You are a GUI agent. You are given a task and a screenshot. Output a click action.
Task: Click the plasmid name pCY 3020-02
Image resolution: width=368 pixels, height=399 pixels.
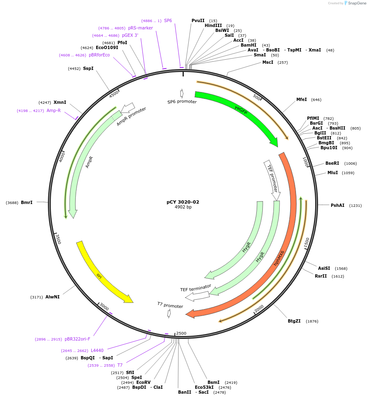(183, 202)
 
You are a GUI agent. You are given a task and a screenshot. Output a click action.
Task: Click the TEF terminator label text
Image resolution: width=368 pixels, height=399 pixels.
(196, 288)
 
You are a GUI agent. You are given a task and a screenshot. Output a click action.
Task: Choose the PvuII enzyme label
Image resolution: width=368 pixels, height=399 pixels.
(198, 20)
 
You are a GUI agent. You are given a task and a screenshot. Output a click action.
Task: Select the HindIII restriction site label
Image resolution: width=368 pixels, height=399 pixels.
(213, 25)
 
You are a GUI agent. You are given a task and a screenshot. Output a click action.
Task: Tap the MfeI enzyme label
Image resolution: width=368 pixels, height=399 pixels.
(301, 99)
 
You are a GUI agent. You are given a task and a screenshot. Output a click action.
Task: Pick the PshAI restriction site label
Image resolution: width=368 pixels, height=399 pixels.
(338, 205)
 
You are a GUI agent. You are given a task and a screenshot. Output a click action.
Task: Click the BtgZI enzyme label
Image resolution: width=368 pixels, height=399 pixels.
(294, 321)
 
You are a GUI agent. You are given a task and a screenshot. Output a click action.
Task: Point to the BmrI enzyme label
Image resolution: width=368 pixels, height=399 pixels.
(27, 202)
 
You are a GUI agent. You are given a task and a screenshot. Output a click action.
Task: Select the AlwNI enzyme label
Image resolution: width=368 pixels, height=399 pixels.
(52, 297)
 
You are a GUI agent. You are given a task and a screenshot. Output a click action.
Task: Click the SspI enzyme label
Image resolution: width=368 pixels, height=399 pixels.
(88, 68)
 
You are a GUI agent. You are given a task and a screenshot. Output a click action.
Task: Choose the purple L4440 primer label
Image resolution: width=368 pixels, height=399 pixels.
(97, 350)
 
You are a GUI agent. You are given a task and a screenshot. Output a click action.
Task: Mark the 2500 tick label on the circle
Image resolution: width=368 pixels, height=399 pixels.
(181, 333)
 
